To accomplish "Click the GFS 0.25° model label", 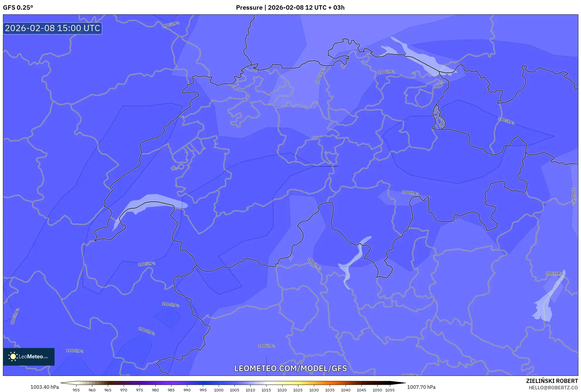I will tap(18, 8).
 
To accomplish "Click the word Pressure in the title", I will tap(249, 8).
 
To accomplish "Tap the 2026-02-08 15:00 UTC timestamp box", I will tap(52, 28).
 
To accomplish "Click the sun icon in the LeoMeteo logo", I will tap(13, 357).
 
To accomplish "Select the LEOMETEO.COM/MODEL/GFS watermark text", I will tap(290, 368).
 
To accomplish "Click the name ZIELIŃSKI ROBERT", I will tap(552, 381).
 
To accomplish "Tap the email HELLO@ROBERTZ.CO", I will tap(553, 388).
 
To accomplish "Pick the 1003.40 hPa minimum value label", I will tap(45, 387).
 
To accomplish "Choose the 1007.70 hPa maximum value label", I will tap(421, 387).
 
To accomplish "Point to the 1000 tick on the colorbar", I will tap(219, 390).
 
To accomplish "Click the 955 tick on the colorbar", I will tap(76, 390).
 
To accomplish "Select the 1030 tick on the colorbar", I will tap(314, 390).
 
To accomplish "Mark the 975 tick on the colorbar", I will tap(140, 390).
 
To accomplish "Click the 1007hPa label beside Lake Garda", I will tap(554, 273).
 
